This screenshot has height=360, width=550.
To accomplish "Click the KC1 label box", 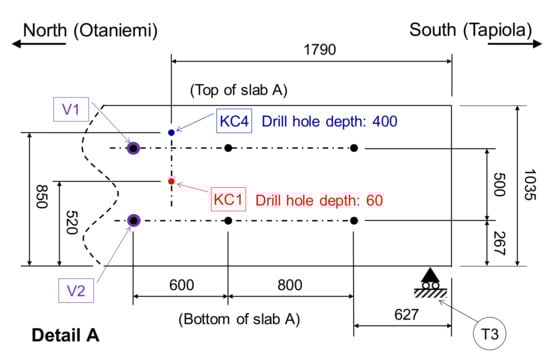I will pos(227,199).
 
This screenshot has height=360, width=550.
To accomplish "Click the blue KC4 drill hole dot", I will pos(172,132).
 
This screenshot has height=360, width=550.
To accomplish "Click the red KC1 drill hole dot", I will pos(172,181).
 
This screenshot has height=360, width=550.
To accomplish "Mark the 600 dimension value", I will pos(181,285).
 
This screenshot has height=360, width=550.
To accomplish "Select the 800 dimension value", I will pos(290,285).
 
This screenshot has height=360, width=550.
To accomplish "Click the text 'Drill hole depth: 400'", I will pos(330,122).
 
